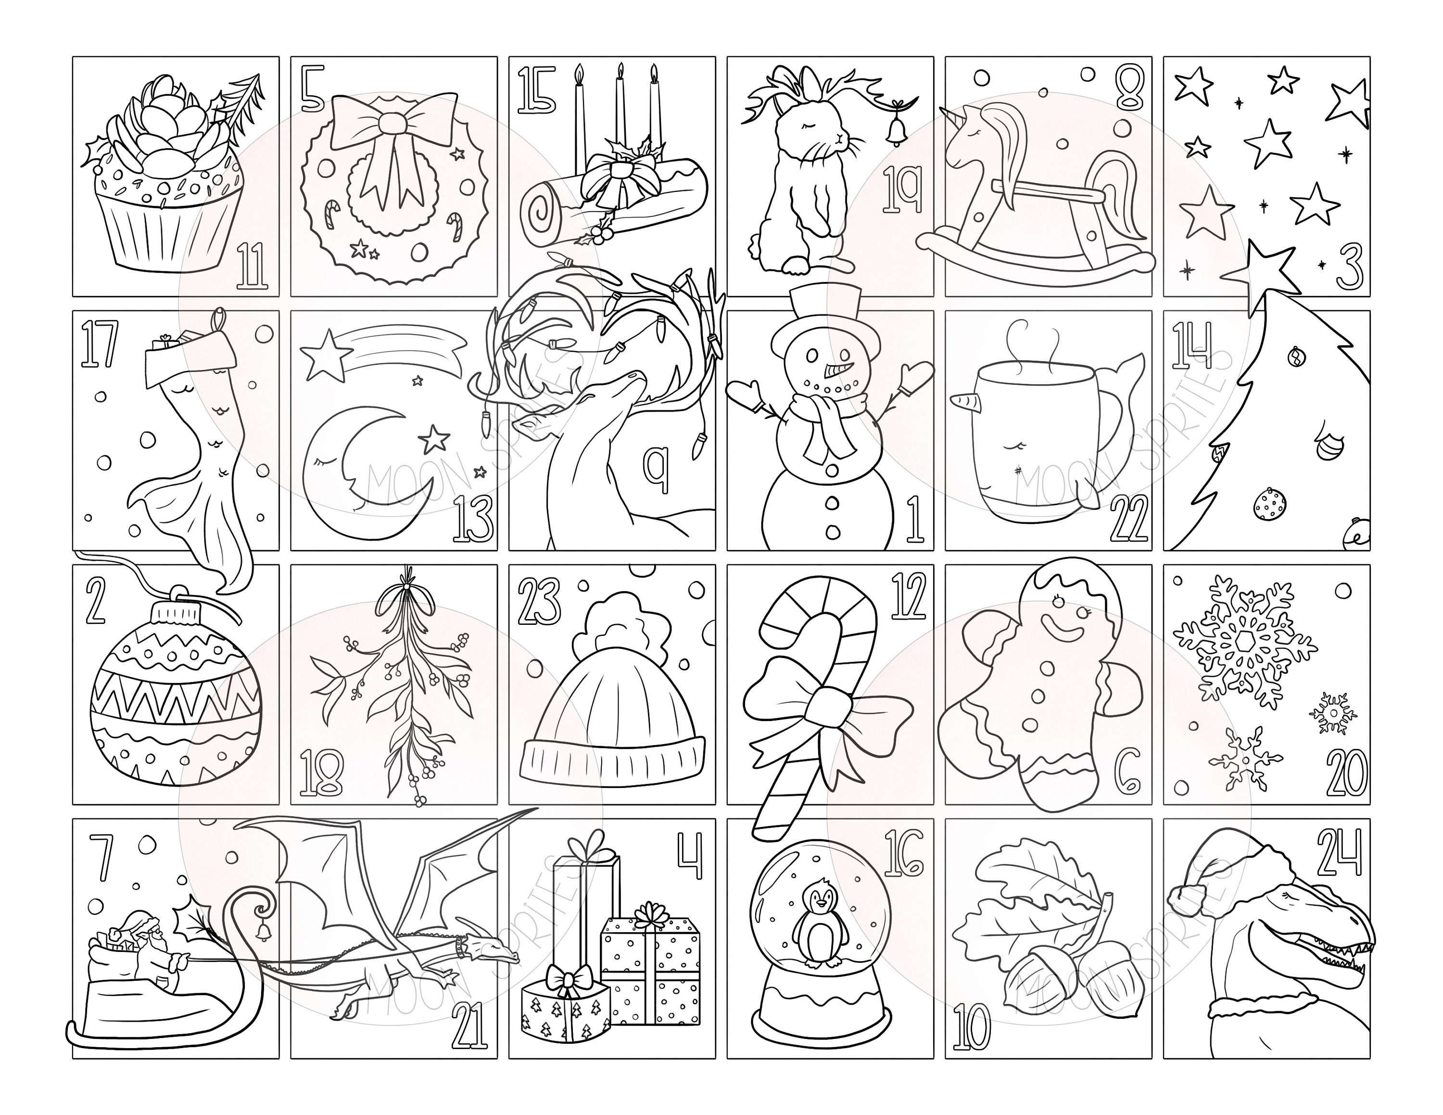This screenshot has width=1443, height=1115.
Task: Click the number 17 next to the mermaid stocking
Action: (x=99, y=343)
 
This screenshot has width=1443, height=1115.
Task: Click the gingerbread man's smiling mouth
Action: (x=1060, y=631)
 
